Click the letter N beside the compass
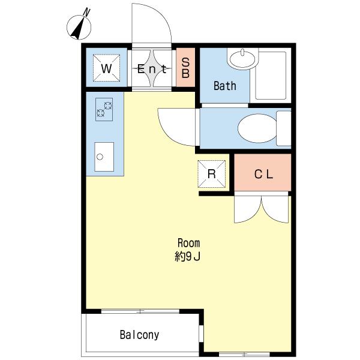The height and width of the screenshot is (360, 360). click(87, 12)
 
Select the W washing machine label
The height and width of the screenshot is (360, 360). click(106, 68)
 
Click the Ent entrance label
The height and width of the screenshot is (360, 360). click(152, 69)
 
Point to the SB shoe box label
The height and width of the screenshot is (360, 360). click(185, 68)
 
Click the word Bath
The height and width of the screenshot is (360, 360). click(225, 86)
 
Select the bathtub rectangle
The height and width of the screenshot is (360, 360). click(271, 76)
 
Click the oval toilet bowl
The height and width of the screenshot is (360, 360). click(257, 128)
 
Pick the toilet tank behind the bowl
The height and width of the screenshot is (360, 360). click(284, 128)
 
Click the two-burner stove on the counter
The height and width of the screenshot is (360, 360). click(104, 109)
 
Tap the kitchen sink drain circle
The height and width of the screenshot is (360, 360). click(100, 157)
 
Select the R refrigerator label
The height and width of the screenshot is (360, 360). click(211, 174)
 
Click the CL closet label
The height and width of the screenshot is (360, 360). click(263, 174)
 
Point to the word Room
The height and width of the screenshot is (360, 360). click(189, 243)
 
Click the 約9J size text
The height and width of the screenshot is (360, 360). click(188, 257)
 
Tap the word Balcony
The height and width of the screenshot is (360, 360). click(139, 335)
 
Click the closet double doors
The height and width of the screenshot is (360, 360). click(261, 208)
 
